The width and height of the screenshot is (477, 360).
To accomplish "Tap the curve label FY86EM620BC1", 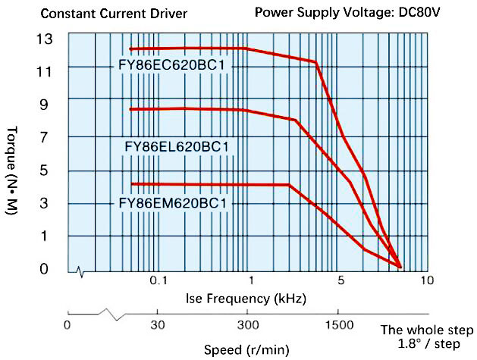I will [x=174, y=203].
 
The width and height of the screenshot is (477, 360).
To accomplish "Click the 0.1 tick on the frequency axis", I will [x=158, y=280].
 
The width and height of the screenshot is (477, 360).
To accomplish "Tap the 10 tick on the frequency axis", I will [x=427, y=280].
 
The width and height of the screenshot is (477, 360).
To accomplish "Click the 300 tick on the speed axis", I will [x=247, y=325].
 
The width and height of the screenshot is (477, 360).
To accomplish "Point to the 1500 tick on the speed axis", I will [x=337, y=325].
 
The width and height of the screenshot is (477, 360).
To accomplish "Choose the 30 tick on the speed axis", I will [x=157, y=325].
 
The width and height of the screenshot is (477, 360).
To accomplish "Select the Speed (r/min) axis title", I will [x=246, y=350].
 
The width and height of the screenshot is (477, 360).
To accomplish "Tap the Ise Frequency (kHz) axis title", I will [x=246, y=298].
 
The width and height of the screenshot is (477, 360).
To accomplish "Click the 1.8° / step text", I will [x=428, y=343].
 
